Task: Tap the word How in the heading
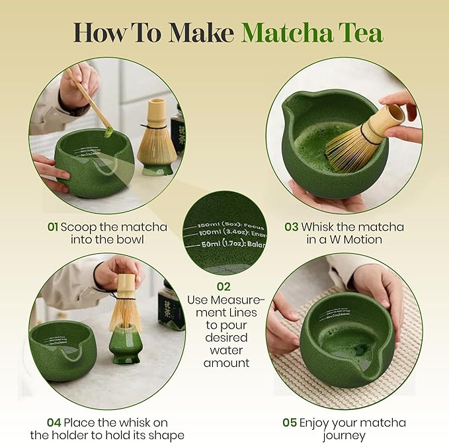101,32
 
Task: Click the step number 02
224,287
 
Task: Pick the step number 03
292,227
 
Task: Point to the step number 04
55,423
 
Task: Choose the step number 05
289,423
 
